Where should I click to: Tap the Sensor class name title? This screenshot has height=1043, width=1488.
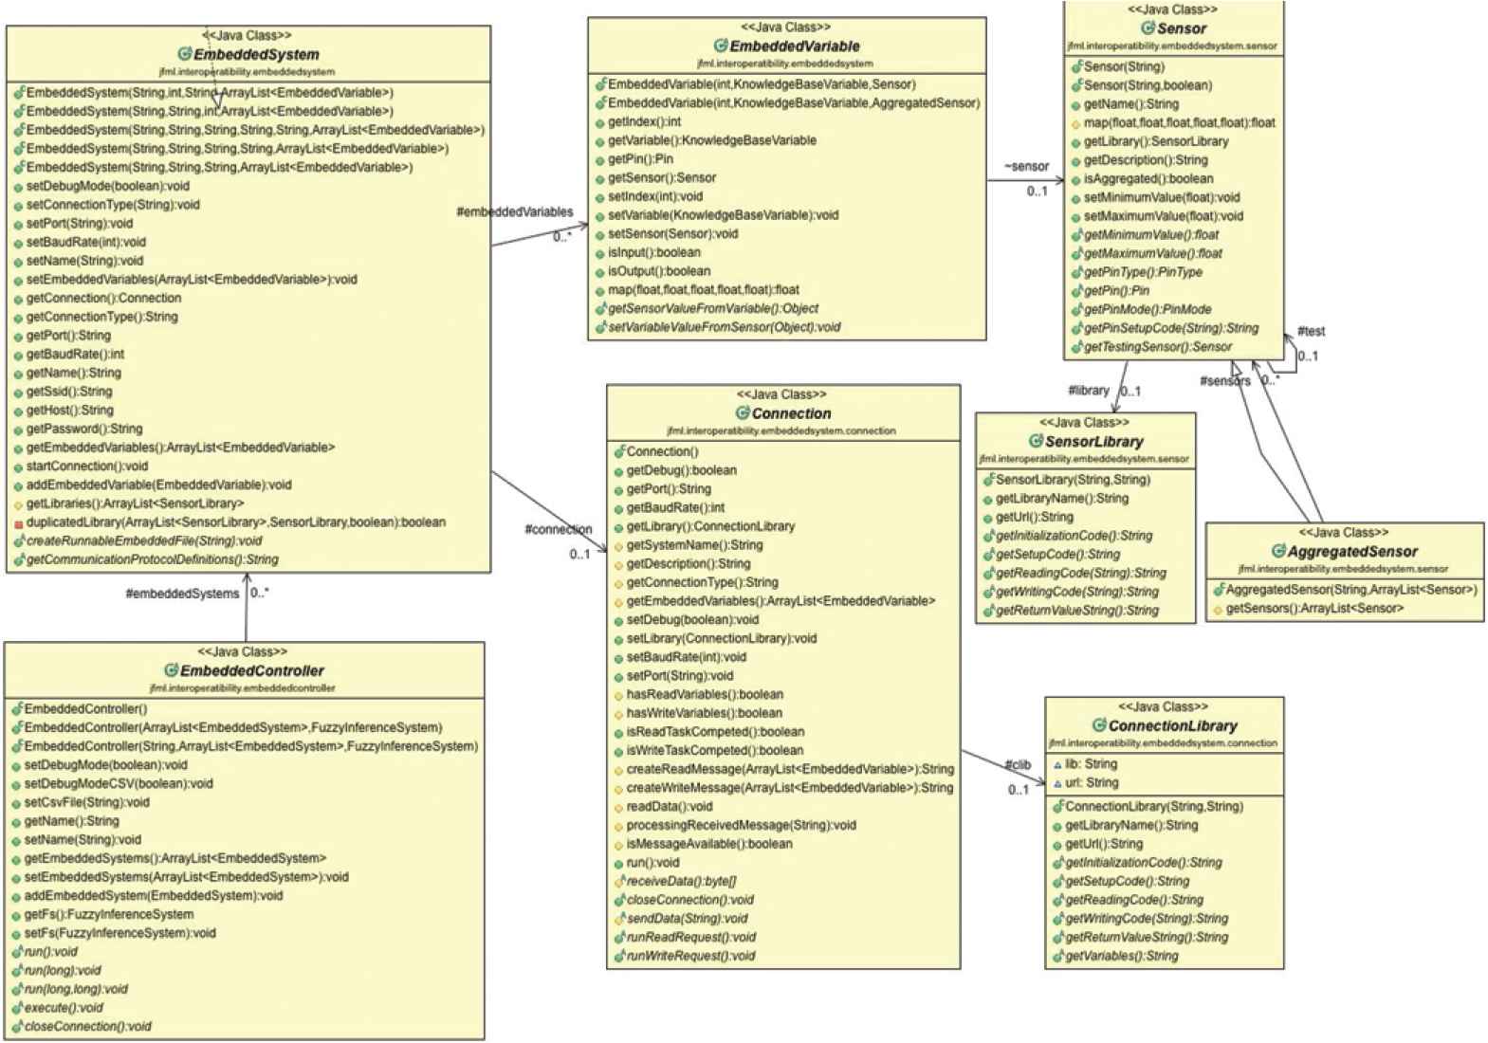[x=1181, y=28]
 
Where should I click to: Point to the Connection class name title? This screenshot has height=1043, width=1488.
[x=791, y=413]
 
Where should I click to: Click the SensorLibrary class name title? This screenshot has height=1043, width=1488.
[x=1093, y=442]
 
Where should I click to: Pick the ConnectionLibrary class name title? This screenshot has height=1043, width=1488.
[x=1172, y=726]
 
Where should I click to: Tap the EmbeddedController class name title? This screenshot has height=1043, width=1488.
[x=251, y=671]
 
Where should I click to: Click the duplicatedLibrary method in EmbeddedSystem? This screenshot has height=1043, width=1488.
[x=235, y=522]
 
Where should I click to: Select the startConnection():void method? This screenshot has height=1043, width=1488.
[x=87, y=467]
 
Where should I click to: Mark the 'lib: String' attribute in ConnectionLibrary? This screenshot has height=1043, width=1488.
[x=1091, y=764]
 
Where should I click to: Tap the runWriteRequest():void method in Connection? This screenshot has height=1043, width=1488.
[x=690, y=956]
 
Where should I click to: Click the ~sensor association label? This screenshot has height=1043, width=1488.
[x=1026, y=167]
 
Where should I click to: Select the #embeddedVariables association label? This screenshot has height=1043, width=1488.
[x=514, y=212]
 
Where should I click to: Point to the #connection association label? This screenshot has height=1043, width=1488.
[x=558, y=529]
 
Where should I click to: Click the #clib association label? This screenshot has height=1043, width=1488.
[x=1018, y=765]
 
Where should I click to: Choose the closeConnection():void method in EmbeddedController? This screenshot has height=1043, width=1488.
[x=87, y=1027]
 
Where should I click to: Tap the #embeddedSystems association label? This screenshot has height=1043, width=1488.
[x=182, y=595]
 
